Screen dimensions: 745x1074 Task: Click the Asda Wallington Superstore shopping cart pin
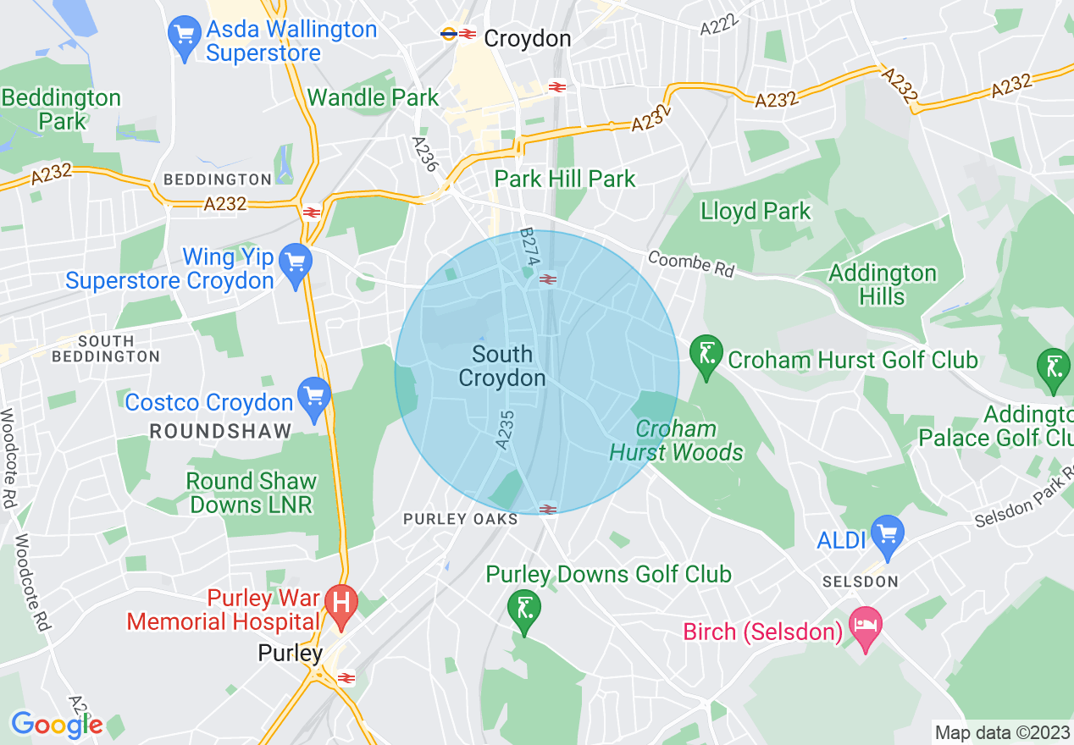(x=185, y=36)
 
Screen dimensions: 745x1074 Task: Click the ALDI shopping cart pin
(x=887, y=536)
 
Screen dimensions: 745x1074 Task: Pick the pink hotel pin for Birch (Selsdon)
(x=865, y=627)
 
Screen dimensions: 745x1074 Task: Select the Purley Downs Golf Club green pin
(x=523, y=610)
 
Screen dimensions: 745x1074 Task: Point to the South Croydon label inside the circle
(x=502, y=366)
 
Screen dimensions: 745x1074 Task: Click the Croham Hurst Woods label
(x=676, y=440)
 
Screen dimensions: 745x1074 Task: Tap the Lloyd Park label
(x=756, y=211)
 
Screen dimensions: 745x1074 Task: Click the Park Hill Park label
(x=565, y=179)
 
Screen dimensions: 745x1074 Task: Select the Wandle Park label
(x=373, y=97)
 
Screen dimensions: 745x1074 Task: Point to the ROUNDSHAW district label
(x=220, y=431)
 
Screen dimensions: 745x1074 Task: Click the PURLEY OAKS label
(x=460, y=519)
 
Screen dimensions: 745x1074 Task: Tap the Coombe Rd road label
(x=690, y=263)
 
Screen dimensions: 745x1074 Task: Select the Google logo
(x=56, y=725)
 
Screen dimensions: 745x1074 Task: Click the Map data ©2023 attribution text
(x=999, y=732)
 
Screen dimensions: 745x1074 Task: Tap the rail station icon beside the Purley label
(x=346, y=677)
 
